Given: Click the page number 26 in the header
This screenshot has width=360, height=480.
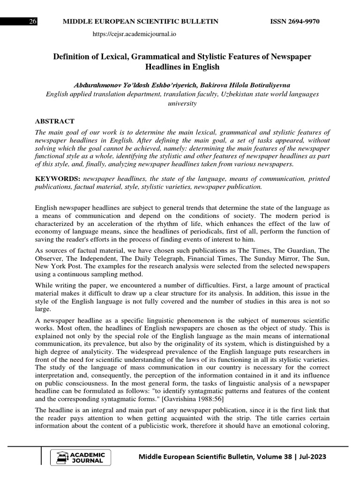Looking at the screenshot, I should (33, 22).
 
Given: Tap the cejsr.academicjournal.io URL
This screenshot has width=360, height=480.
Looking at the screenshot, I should (135, 34).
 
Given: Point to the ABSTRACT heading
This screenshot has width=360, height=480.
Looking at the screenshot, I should (54, 121).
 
